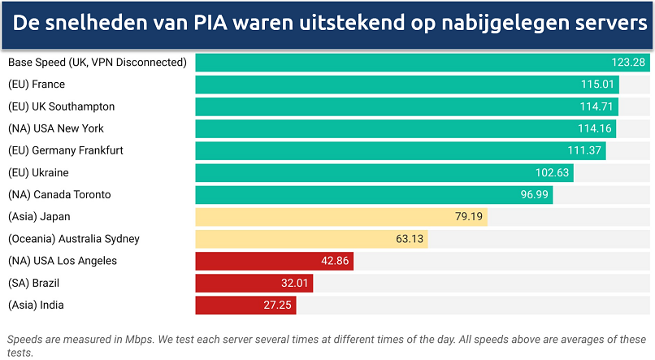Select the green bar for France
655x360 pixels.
click(406, 85)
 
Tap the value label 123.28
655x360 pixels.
click(628, 63)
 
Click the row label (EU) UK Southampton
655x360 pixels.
click(61, 106)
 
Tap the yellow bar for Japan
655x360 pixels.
click(341, 217)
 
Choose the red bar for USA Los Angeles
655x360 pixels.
click(274, 261)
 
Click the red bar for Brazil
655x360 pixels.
click(254, 283)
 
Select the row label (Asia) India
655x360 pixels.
click(36, 305)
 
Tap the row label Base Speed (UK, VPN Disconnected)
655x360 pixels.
click(97, 63)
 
